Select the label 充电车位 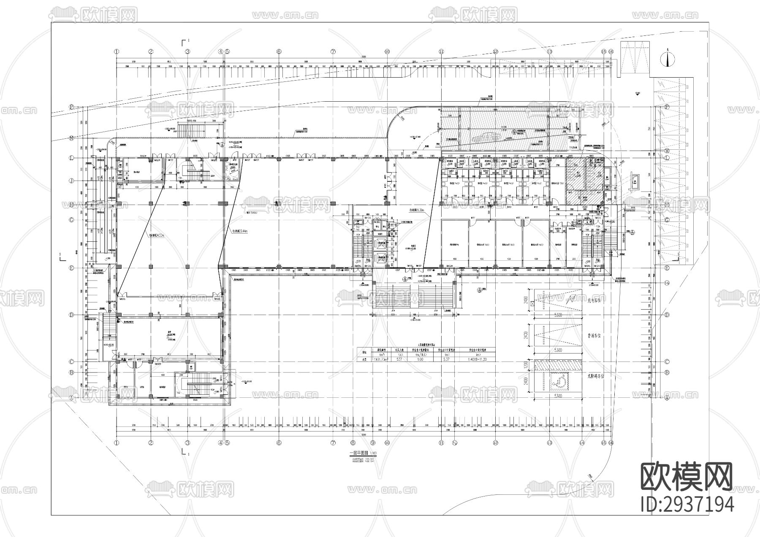pyautogui.click(x=596, y=300)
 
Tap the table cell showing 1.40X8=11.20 pyautogui.click(x=477, y=359)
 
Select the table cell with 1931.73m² pyautogui.click(x=378, y=359)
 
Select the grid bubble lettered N pyautogui.click(x=72, y=138)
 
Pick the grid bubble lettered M pyautogui.click(x=667, y=151)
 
